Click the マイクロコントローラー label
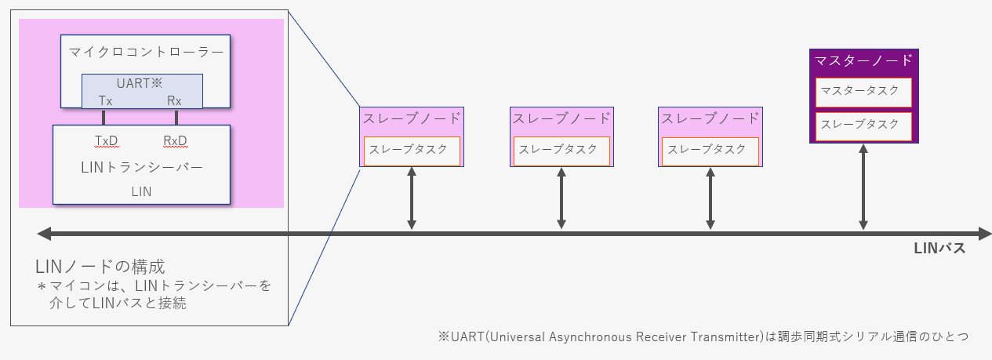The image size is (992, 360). point(146,53)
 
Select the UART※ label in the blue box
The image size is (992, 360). point(140,83)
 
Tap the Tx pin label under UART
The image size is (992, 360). point(105,101)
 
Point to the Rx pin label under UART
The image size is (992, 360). point(174,101)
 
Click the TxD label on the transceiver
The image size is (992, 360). point(107,141)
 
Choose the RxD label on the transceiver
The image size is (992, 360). point(176,141)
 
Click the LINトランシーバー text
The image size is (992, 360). point(142,167)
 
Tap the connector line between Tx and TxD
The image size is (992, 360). point(104,118)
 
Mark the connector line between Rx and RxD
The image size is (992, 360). point(176,118)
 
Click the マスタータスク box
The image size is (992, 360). point(863,92)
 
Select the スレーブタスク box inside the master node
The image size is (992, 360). point(863,126)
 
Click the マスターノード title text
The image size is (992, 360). point(863,60)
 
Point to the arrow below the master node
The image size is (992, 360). point(863,187)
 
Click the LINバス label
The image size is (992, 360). point(939,248)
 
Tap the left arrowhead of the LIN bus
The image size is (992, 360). point(44,234)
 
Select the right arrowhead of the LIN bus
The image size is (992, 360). point(984,234)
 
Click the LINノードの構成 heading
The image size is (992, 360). point(100,267)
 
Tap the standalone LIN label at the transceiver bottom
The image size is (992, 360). point(141,191)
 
